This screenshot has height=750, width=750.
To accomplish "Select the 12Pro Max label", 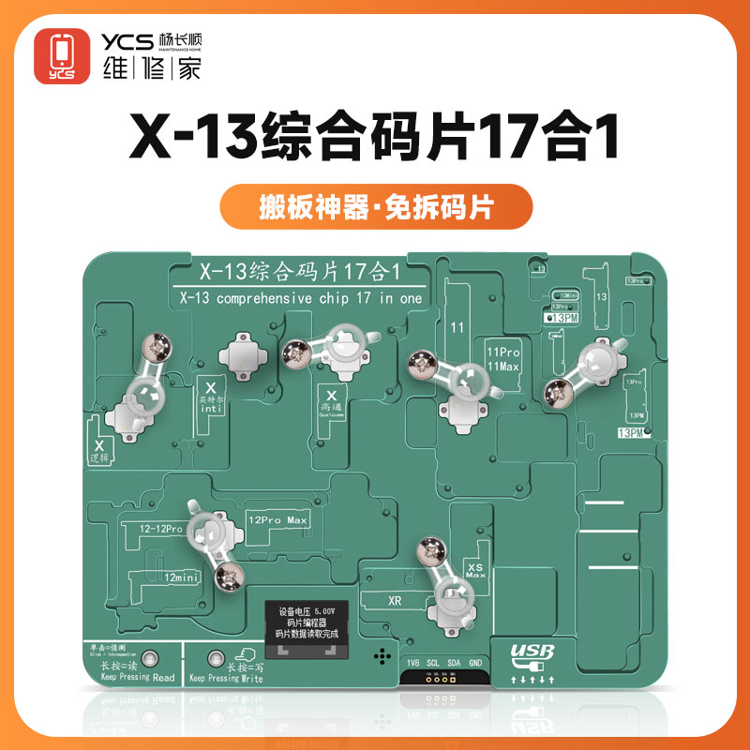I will point(277,519).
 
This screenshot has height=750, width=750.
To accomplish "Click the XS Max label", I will point(474,568).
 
